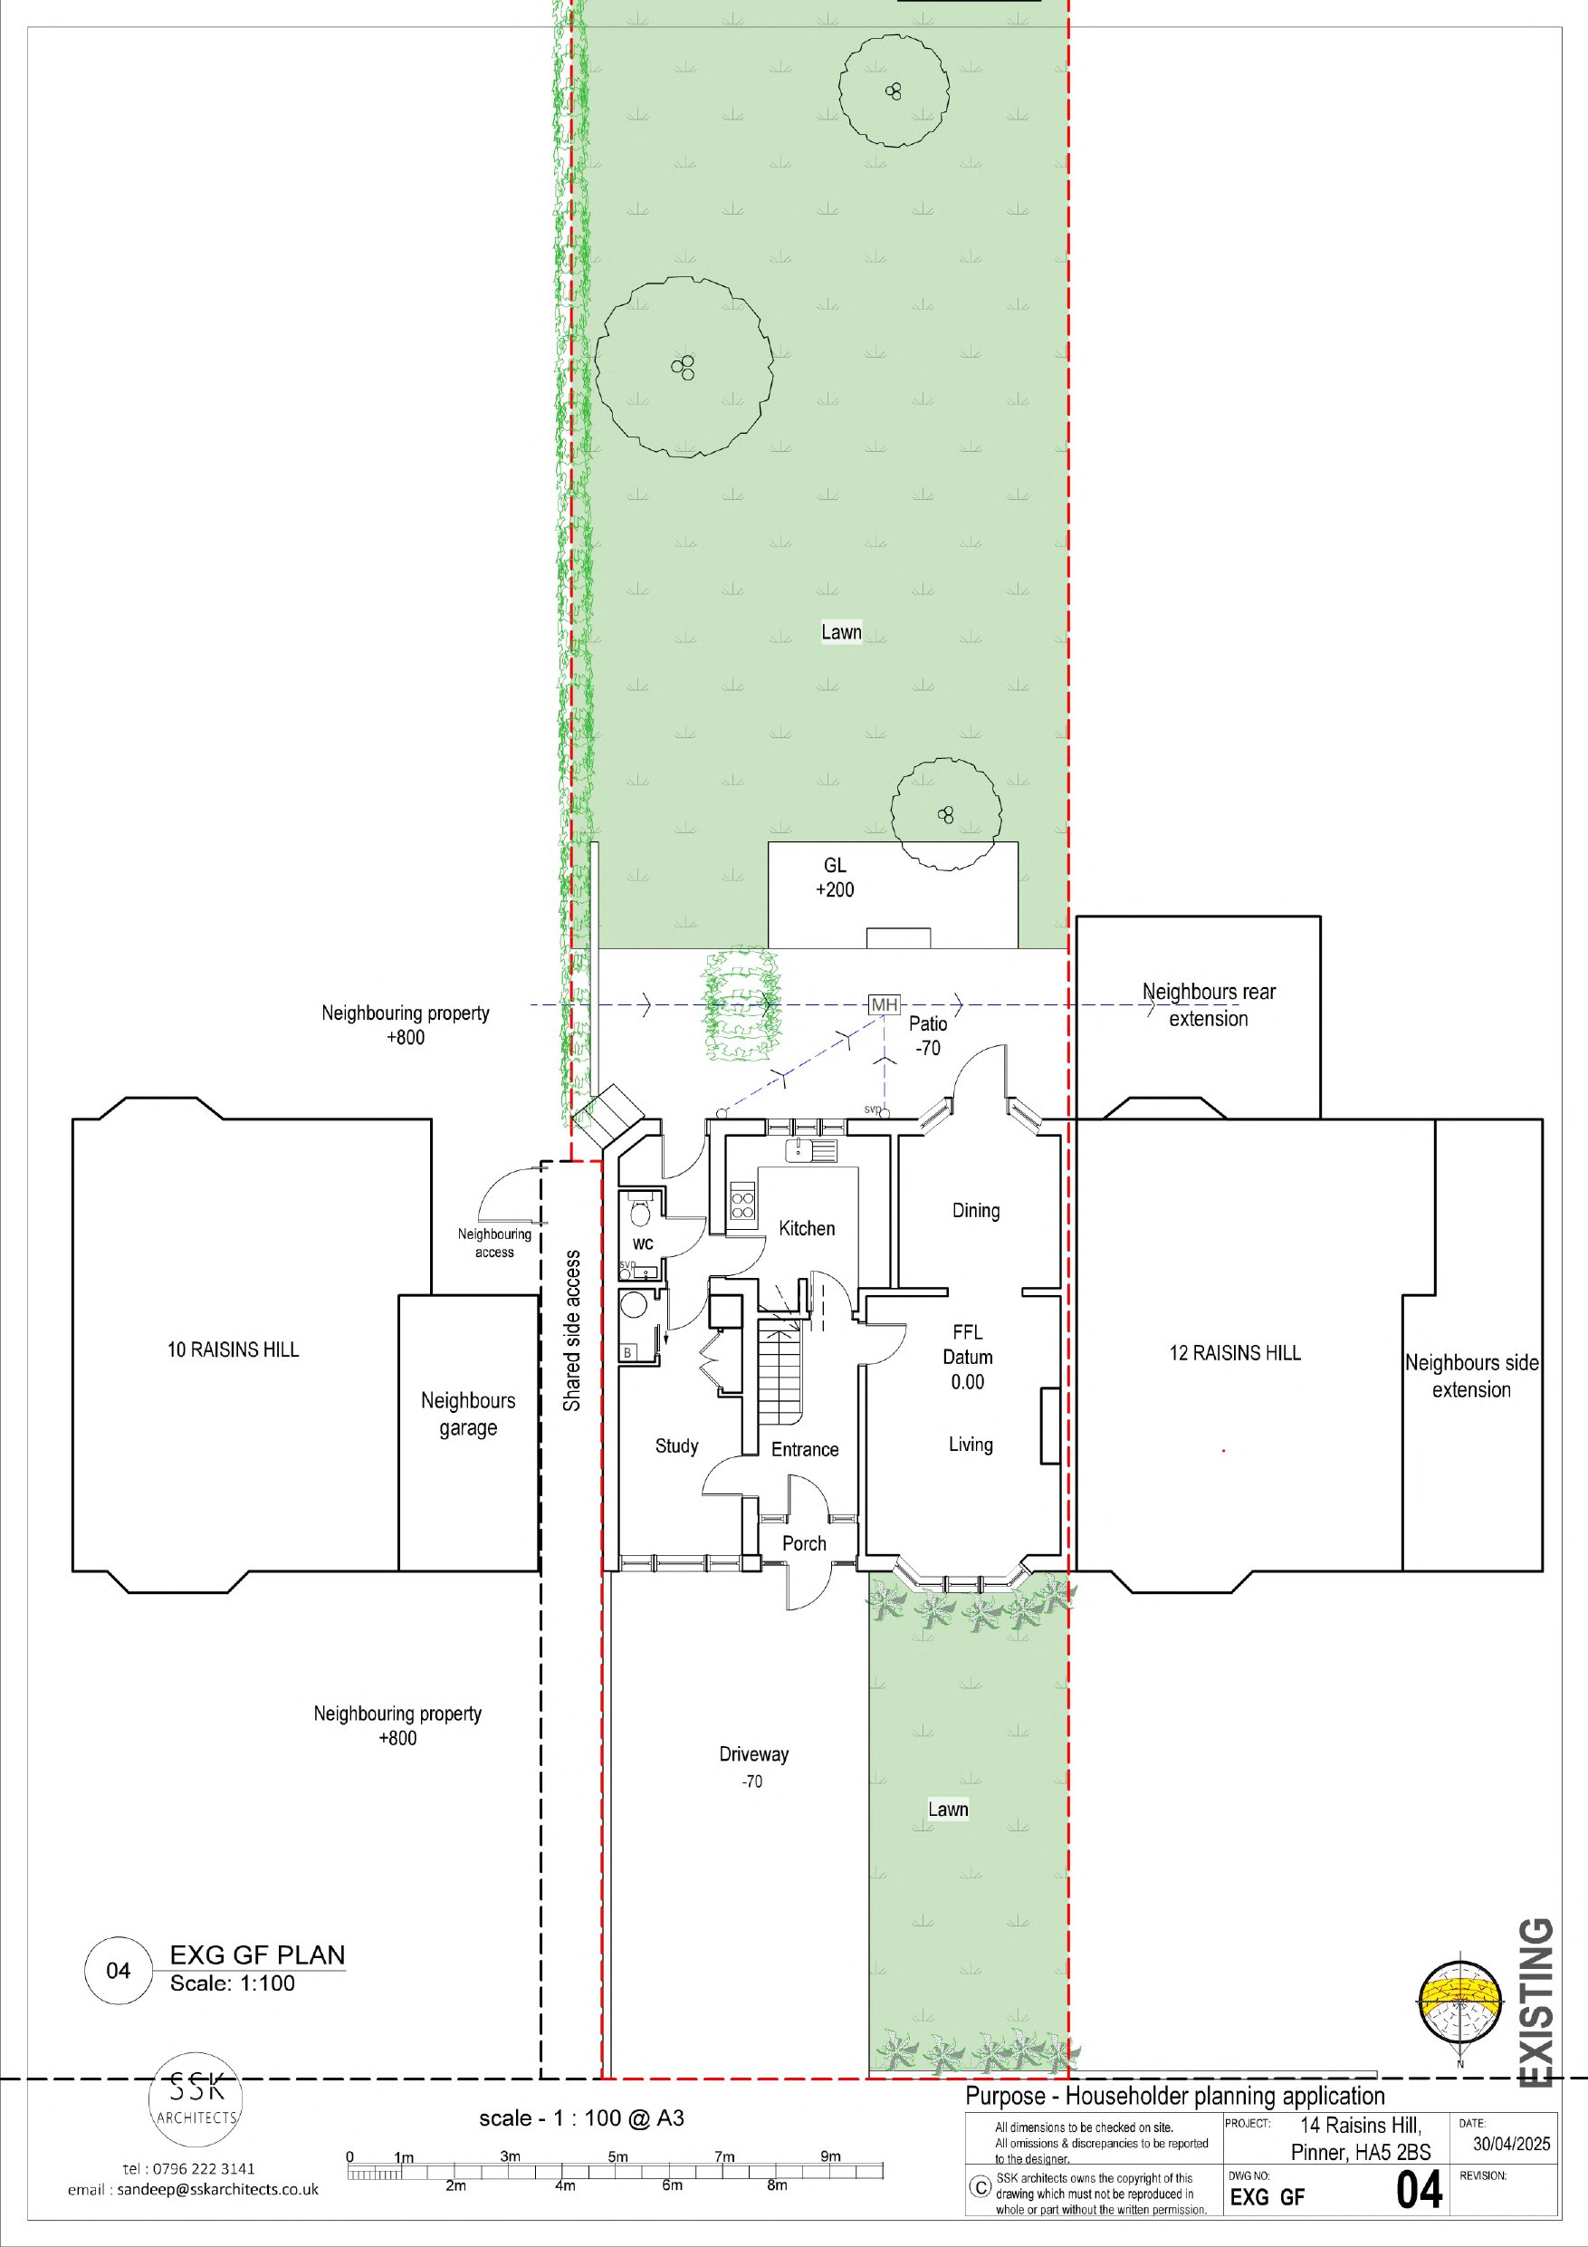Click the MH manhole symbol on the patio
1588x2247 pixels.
coord(884,1005)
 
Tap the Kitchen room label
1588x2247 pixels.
coord(808,1228)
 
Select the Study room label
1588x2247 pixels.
coord(677,1446)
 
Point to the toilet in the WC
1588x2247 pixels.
coord(640,1214)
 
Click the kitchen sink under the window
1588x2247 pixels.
coord(811,1150)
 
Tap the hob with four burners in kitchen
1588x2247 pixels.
coord(742,1202)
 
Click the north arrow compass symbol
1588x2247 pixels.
coord(1459,2004)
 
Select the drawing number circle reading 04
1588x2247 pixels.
coord(119,1970)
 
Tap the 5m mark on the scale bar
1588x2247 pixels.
coord(617,2156)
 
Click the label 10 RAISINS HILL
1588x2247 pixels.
coord(233,1349)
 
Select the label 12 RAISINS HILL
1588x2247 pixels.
coord(1235,1352)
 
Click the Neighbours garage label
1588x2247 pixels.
coord(468,1414)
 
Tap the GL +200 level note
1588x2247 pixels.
coord(835,877)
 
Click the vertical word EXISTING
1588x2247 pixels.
coord(1536,2002)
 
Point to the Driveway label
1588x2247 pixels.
coord(753,1753)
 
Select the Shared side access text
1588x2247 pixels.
coord(572,1331)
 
